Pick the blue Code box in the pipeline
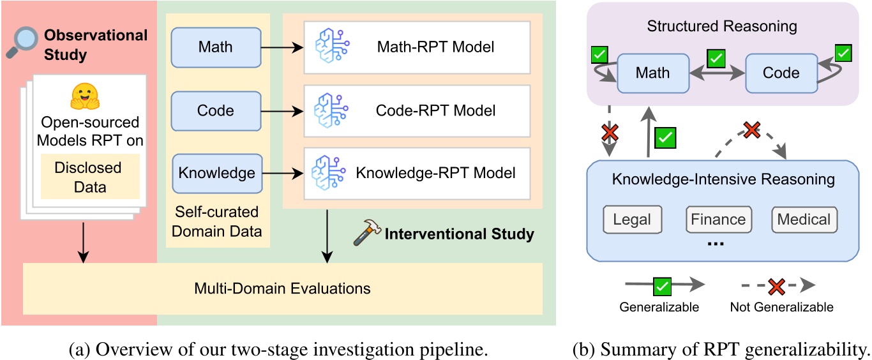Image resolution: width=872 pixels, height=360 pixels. (216, 110)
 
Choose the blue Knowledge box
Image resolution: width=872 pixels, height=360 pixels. (217, 173)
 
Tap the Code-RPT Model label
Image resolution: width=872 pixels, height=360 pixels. (436, 110)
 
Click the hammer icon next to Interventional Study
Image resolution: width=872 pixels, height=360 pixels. (366, 235)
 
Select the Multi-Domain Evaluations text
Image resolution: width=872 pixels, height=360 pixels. (282, 288)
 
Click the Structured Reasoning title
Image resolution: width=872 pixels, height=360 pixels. (721, 27)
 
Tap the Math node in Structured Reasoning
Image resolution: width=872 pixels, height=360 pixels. (652, 72)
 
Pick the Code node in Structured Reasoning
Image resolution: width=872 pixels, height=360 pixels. (781, 72)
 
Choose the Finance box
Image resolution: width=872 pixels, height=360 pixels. (718, 220)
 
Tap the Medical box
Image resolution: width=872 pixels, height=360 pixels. (804, 220)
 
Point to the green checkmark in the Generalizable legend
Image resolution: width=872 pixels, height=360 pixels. (659, 285)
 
